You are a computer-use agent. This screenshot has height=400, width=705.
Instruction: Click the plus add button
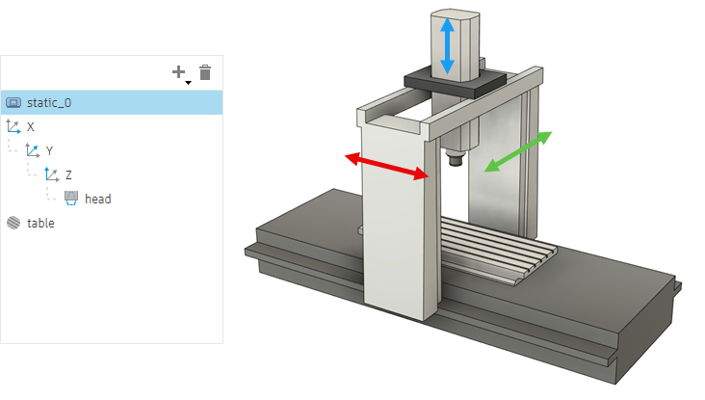[178, 72]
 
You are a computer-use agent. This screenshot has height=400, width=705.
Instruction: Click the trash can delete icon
[205, 72]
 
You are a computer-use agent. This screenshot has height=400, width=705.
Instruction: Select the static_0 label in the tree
[49, 102]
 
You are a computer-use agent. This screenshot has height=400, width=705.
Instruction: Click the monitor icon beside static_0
[13, 102]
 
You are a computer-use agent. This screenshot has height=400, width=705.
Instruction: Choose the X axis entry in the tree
[30, 127]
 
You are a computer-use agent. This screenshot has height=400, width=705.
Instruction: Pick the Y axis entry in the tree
[49, 150]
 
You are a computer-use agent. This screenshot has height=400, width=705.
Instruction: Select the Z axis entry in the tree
[68, 174]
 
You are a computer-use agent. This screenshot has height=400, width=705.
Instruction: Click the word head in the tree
[98, 199]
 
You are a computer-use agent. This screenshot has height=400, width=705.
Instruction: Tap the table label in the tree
[40, 224]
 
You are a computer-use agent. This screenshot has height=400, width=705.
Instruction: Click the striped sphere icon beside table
[13, 223]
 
